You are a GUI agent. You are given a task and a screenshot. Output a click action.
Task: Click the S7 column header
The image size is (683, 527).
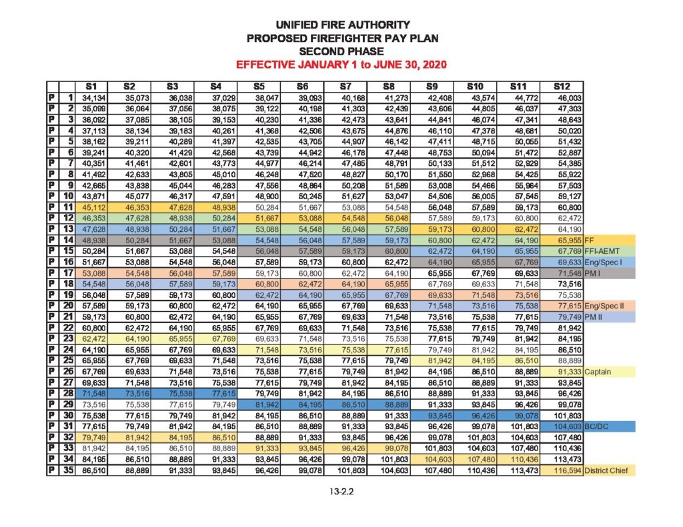click(345, 86)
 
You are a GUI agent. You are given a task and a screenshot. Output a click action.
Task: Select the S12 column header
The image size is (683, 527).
click(562, 86)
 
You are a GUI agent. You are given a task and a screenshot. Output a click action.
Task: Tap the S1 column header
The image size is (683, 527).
click(91, 86)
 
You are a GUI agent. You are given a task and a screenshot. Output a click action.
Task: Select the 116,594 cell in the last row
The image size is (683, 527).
click(563, 470)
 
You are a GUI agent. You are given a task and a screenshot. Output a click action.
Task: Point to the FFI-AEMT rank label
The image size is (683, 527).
click(600, 250)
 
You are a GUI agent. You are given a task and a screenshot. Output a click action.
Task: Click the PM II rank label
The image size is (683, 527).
click(594, 316)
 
